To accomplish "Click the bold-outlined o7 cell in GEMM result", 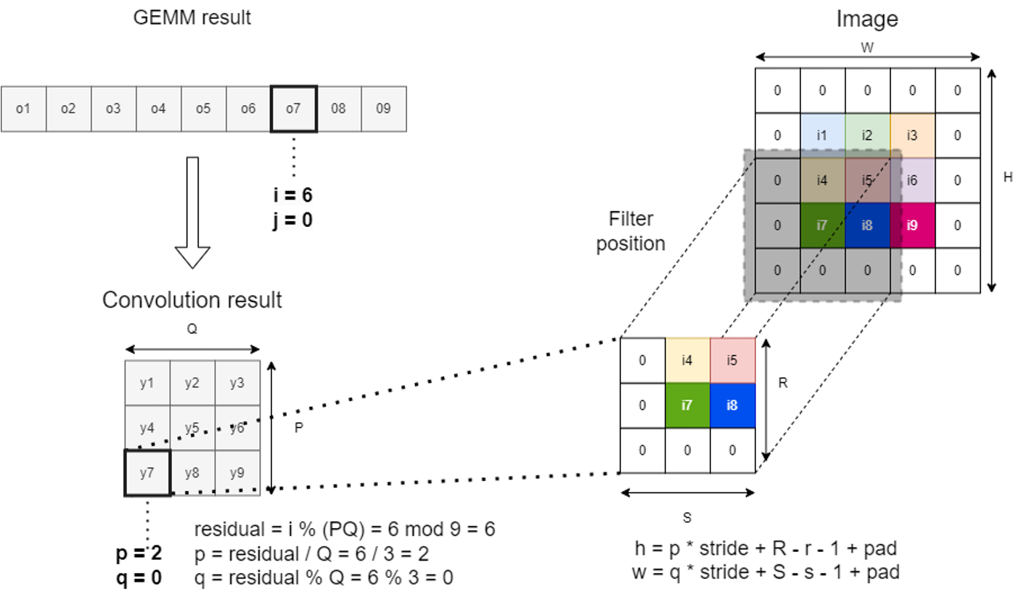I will [x=293, y=109].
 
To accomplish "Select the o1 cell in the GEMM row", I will [x=23, y=109].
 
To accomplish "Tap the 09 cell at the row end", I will [x=383, y=109].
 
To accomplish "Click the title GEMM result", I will [x=192, y=17].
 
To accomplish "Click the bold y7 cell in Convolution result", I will [x=147, y=473].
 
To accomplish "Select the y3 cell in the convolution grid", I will [x=237, y=383].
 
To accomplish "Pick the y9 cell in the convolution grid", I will [x=237, y=473].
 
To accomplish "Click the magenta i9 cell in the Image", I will [x=912, y=225].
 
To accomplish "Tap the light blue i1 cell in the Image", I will [x=822, y=135].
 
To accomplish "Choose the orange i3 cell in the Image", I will [x=912, y=135].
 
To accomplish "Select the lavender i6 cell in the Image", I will [x=912, y=180].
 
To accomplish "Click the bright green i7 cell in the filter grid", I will [x=687, y=405].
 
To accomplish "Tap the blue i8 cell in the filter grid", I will [x=732, y=405].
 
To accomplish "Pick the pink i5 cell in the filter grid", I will [x=732, y=360].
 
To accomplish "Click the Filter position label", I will [x=631, y=231].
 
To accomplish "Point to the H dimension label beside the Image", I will [x=1007, y=178].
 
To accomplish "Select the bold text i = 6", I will [x=291, y=196].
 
